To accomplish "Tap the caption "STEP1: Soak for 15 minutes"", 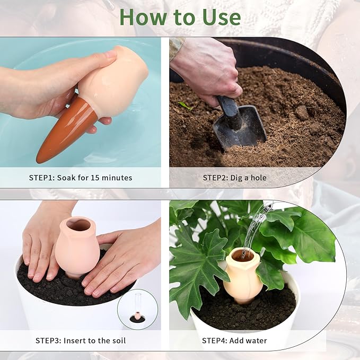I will [81, 178].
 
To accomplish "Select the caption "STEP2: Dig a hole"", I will [234, 178].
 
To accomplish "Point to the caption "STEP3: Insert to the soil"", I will [81, 340].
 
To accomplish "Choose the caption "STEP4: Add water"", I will [234, 340].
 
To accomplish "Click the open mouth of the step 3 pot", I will [78, 225].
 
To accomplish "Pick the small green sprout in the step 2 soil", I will [185, 106].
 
